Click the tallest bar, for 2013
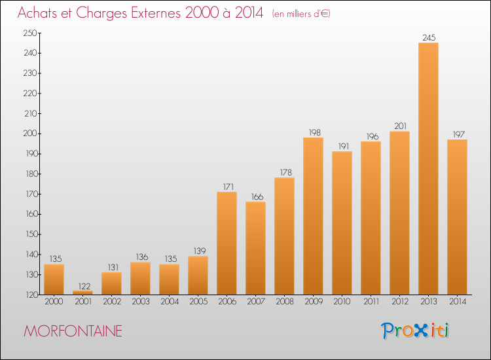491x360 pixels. pyautogui.click(x=428, y=168)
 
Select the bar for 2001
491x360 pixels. pyautogui.click(x=82, y=293)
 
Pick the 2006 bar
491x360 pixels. pyautogui.click(x=227, y=243)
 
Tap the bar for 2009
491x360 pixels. pyautogui.click(x=313, y=216)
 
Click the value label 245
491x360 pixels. pyautogui.click(x=429, y=37)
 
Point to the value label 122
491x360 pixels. pyautogui.click(x=84, y=286)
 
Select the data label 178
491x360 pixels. pyautogui.click(x=285, y=173)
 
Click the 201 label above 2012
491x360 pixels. pyautogui.click(x=400, y=126)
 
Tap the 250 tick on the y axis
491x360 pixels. pyautogui.click(x=30, y=33)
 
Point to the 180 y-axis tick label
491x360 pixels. pyautogui.click(x=31, y=173)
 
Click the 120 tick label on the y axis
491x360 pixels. pyautogui.click(x=31, y=295)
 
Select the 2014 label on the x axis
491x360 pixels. pyautogui.click(x=458, y=302)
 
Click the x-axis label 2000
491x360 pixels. pyautogui.click(x=54, y=302)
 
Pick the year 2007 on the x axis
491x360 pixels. pyautogui.click(x=256, y=302)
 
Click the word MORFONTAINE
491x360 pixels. pyautogui.click(x=73, y=331)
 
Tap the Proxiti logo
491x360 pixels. pyautogui.click(x=415, y=331)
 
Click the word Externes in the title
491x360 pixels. pyautogui.click(x=156, y=12)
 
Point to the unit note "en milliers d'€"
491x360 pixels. pyautogui.click(x=301, y=14)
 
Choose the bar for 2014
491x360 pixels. pyautogui.click(x=457, y=217)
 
